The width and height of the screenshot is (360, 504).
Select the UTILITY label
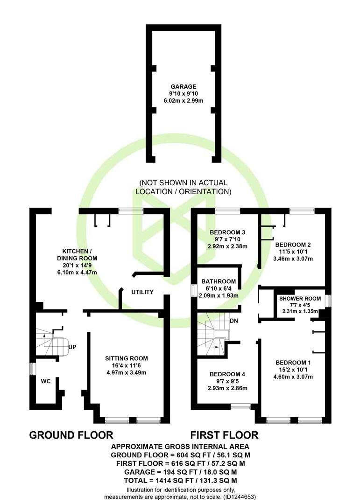coord(142,292)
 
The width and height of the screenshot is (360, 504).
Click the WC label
coord(46,381)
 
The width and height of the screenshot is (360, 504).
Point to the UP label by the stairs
coord(72,347)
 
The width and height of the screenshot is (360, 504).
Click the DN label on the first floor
coord(234,321)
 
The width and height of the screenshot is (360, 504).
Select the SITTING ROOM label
coord(127,358)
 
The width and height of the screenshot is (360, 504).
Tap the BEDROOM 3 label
coord(227,232)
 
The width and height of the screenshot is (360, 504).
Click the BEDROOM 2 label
coord(293,245)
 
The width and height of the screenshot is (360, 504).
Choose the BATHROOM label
coord(219,281)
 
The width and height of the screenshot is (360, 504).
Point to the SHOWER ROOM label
coord(300,299)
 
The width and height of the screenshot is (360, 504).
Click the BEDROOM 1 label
coord(293,363)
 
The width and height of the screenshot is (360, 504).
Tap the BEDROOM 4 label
coord(227,374)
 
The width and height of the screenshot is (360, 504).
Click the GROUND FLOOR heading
coord(71,435)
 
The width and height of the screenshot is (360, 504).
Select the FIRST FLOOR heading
coord(224,435)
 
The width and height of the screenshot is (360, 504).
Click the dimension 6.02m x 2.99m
coord(184,101)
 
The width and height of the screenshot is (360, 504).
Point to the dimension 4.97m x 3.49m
coord(127,372)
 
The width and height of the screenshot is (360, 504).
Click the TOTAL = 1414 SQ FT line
coord(180,481)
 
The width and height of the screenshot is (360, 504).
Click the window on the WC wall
coord(32,369)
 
